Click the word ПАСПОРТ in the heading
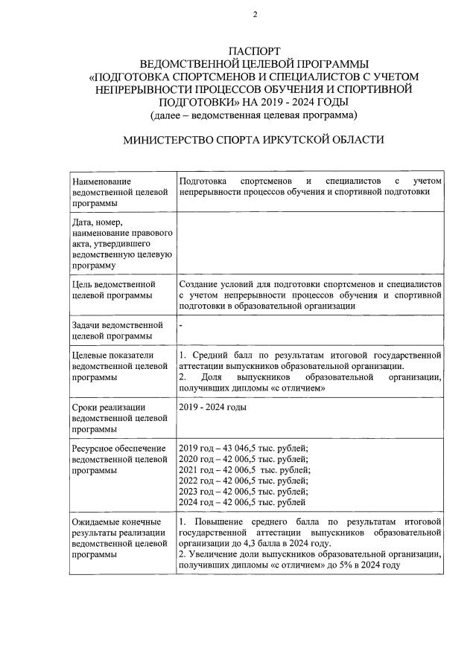point(254,52)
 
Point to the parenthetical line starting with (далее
point(254,115)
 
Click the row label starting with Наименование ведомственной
point(102,193)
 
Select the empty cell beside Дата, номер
point(311,243)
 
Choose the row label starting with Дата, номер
point(119,243)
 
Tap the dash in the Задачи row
point(182,325)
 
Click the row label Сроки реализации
point(108,407)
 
